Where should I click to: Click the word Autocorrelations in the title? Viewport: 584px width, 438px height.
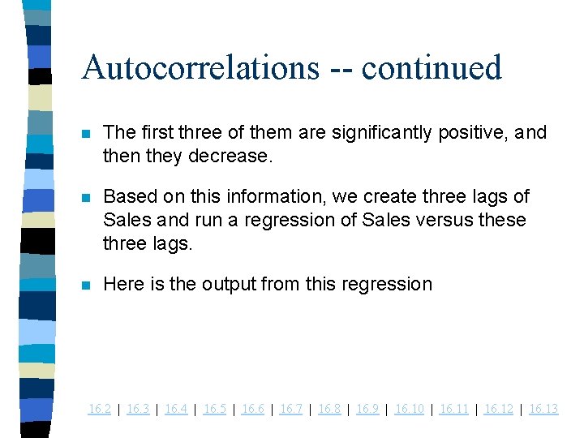[200, 67]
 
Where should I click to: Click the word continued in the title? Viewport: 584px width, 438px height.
[432, 67]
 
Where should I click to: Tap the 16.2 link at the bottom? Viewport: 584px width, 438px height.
[99, 409]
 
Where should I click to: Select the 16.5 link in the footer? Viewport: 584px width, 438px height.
[215, 409]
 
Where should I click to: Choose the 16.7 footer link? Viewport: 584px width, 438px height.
[291, 409]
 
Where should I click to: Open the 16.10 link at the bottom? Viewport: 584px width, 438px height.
[409, 409]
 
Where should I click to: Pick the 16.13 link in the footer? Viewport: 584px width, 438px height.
[543, 409]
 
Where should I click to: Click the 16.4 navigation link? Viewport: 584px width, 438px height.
[176, 409]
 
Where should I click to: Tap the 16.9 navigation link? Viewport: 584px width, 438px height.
[367, 409]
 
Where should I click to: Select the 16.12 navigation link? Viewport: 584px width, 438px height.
[498, 409]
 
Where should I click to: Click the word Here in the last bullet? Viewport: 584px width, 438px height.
[122, 284]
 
